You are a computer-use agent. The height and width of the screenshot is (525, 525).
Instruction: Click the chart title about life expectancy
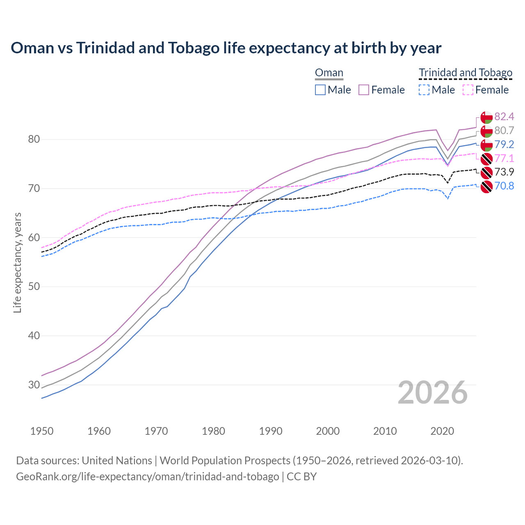(226, 48)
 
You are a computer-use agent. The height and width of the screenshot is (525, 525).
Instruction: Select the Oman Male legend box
(320, 90)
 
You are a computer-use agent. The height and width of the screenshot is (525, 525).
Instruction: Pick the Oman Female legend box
(364, 90)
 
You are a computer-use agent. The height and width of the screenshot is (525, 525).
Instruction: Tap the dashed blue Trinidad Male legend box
(425, 90)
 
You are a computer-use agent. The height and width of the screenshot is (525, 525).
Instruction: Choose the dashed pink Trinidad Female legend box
(468, 90)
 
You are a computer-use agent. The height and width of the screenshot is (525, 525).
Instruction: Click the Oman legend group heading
(329, 73)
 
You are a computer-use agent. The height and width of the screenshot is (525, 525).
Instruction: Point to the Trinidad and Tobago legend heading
(466, 73)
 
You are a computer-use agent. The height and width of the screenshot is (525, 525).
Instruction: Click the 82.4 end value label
(504, 117)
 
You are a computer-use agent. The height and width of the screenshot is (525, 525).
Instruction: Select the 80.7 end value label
(504, 131)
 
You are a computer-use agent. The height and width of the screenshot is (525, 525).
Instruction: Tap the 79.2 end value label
(504, 144)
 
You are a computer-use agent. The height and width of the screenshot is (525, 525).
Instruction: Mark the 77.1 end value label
(504, 158)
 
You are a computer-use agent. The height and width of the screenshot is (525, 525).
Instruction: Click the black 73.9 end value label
(504, 172)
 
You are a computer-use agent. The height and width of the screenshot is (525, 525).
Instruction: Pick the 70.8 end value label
(504, 186)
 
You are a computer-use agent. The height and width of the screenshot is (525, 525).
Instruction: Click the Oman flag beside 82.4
(486, 117)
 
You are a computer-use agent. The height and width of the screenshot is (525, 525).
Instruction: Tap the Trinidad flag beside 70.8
(486, 187)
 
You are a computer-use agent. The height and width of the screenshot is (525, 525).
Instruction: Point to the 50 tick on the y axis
(34, 287)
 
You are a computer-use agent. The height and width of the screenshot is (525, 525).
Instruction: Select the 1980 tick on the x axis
(213, 431)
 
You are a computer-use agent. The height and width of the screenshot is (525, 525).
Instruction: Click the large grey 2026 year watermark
(432, 393)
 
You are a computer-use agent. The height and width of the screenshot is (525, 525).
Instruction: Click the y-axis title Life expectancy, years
(18, 262)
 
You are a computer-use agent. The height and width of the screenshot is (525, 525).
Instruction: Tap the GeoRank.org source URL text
(148, 477)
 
